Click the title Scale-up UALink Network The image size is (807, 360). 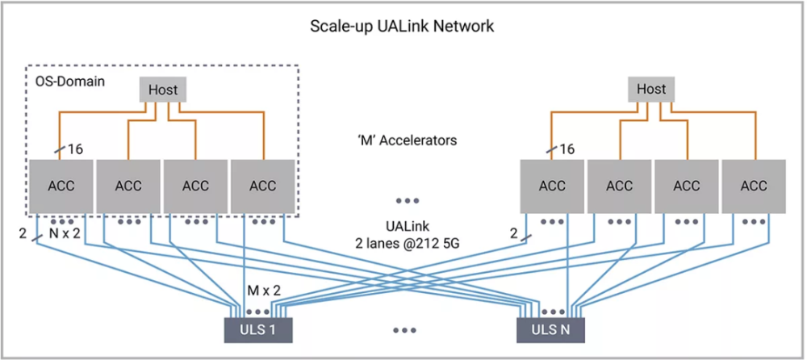402,27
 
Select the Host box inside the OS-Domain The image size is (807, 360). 163,90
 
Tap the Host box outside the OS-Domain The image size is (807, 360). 651,90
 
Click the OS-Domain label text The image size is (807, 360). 70,82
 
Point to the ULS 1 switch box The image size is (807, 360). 258,329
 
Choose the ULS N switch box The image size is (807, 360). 550,329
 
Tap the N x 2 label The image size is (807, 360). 65,233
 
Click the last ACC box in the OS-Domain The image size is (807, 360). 262,186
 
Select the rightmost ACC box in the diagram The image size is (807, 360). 754,186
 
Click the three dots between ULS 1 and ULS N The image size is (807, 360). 404,330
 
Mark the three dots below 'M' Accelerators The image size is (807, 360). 407,200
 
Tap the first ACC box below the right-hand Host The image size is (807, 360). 552,186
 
